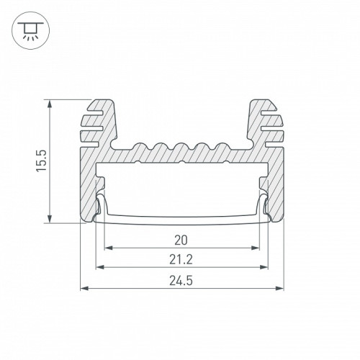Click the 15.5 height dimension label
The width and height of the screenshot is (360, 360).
(x=41, y=161)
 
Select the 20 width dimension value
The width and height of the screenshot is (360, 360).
(x=181, y=240)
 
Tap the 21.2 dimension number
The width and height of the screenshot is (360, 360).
(x=181, y=260)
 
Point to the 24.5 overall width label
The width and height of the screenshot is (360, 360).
(x=181, y=281)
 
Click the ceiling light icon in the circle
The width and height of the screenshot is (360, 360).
(x=30, y=30)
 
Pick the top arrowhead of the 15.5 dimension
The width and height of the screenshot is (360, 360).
(x=50, y=104)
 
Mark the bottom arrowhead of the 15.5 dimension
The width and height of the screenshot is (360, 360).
(x=50, y=219)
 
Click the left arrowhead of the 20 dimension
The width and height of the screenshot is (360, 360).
(x=109, y=248)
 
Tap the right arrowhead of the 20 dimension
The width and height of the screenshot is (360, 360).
(x=256, y=248)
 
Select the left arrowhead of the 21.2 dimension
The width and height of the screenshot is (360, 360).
(x=100, y=267)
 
